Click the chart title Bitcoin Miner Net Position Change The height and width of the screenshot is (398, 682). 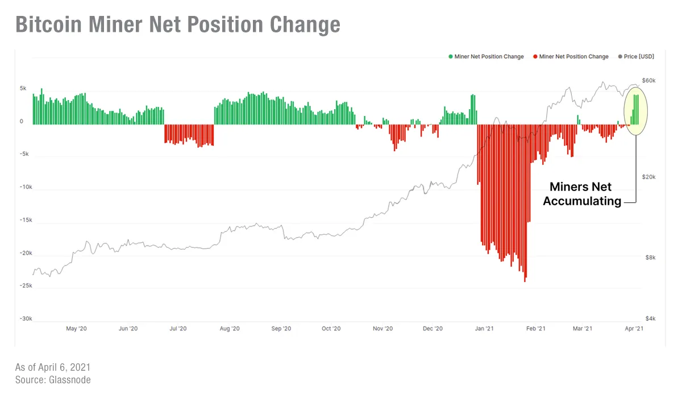[177, 25]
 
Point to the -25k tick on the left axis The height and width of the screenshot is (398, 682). [25, 286]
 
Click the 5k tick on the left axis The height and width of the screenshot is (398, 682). [23, 89]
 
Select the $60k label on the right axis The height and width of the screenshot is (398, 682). [649, 81]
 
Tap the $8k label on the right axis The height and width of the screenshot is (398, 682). [650, 258]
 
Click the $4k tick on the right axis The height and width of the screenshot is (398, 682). [650, 319]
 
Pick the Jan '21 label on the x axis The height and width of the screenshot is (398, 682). [484, 329]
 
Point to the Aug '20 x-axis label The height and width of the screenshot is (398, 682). [229, 329]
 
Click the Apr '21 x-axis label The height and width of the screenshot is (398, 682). [634, 329]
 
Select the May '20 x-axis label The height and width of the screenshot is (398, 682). [76, 329]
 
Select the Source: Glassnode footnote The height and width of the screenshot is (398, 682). [53, 380]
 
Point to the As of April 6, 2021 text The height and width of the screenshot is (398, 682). [52, 367]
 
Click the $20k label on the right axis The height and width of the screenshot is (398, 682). [649, 177]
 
